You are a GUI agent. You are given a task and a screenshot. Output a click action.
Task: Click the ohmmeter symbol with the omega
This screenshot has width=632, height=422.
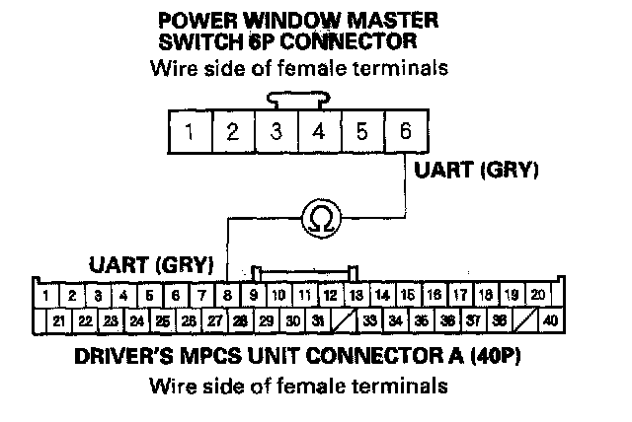[318, 217]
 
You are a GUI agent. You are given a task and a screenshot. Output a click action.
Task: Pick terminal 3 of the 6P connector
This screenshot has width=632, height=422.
[276, 132]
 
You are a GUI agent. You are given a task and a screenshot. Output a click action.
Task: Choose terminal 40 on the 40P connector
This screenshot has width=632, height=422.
[550, 319]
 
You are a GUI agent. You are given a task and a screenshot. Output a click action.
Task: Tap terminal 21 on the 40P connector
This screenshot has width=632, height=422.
[58, 319]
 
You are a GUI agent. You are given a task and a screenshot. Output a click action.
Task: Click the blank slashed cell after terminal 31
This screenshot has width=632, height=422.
[343, 319]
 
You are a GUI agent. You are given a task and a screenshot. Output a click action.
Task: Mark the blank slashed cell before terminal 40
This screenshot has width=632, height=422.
[524, 319]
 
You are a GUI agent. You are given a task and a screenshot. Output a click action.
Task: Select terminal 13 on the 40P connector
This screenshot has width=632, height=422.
[356, 294]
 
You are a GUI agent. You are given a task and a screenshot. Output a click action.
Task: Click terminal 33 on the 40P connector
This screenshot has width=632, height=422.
[369, 319]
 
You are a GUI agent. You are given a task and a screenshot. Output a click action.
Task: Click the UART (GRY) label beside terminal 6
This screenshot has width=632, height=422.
[476, 171]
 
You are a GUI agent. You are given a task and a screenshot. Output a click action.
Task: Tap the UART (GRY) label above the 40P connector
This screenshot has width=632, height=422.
[151, 264]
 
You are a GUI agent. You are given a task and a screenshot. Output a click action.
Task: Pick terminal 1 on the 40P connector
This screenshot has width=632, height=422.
[46, 294]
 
